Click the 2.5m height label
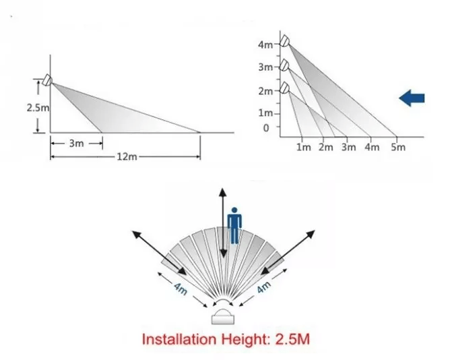click(x=38, y=106)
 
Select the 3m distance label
click(x=75, y=143)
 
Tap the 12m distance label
click(x=127, y=156)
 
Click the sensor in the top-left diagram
click(x=46, y=80)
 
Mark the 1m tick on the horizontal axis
click(x=304, y=148)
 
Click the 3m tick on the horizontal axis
click(x=349, y=148)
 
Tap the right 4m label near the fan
click(x=263, y=286)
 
